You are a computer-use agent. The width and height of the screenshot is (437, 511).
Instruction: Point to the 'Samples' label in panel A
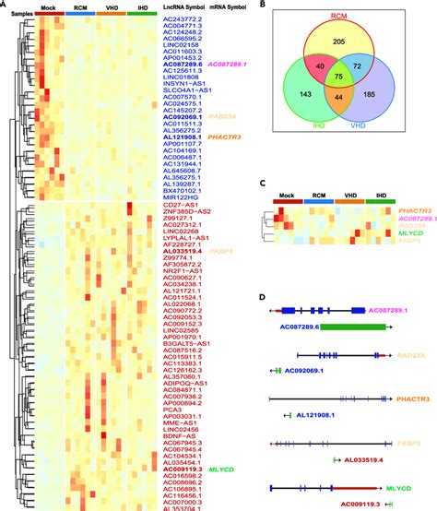[18, 15]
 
